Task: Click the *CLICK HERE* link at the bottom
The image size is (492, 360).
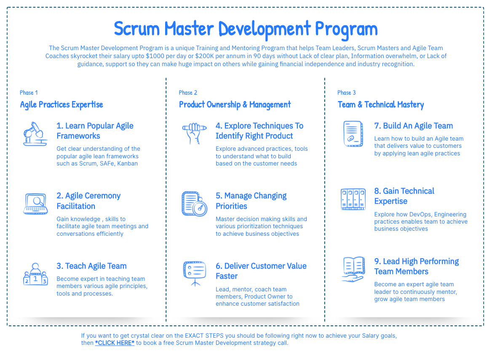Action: point(115,343)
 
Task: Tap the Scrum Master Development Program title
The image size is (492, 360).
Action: point(246,29)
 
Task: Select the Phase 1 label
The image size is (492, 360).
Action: point(29,93)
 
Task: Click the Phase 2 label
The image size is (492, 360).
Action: point(188,93)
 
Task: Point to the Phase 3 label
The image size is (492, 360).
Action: point(346,93)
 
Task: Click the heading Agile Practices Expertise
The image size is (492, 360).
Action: point(61,105)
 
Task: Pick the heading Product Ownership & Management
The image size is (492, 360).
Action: point(235,105)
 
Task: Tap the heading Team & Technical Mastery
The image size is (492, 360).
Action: point(381,105)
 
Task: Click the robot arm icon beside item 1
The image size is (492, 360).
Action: point(35,134)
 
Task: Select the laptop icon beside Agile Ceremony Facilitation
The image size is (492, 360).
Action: point(35,204)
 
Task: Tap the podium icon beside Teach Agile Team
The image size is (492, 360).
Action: point(35,274)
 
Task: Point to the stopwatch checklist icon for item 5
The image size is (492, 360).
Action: point(195,204)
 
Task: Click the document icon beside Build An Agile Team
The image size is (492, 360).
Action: point(353,134)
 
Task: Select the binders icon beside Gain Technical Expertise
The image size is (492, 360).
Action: point(353,199)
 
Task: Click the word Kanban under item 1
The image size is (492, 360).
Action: point(127,163)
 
